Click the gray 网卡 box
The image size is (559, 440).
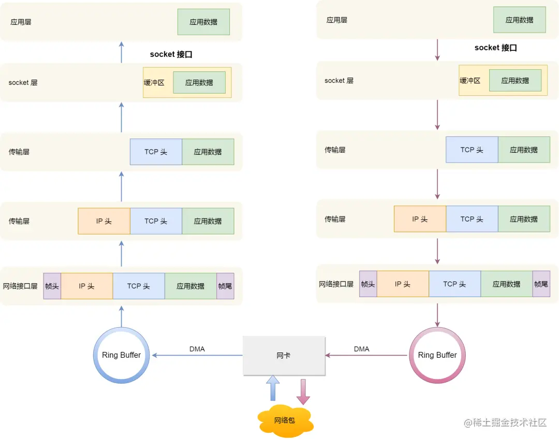284,356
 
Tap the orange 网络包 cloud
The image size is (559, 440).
285,419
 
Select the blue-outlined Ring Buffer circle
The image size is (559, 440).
121,355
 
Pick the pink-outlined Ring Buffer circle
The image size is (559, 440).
437,355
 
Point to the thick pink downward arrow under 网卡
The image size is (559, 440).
303,391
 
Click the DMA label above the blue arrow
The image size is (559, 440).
197,349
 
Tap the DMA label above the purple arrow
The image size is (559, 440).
362,349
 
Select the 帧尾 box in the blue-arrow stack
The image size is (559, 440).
225,286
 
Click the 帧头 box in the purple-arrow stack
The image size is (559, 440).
368,284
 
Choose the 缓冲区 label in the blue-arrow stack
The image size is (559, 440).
154,82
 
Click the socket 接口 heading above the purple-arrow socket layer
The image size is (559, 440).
495,48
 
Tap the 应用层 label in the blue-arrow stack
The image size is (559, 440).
21,22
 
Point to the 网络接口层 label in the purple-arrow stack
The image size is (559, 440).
336,284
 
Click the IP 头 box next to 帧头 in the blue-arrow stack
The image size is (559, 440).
86,286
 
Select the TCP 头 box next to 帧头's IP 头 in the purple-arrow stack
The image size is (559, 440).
454,284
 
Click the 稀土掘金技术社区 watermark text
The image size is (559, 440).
505,422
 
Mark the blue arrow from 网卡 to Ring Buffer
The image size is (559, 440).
197,355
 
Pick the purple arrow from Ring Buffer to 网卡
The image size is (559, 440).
366,355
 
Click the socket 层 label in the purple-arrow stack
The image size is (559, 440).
339,80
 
